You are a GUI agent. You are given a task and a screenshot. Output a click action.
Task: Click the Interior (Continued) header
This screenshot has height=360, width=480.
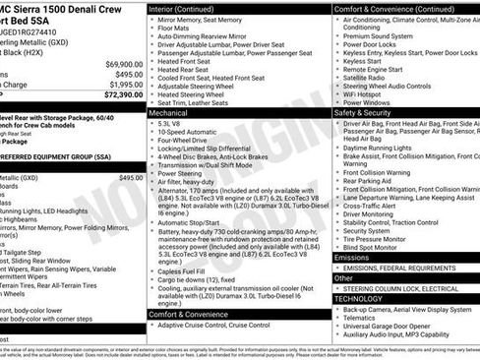point(195,8)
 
